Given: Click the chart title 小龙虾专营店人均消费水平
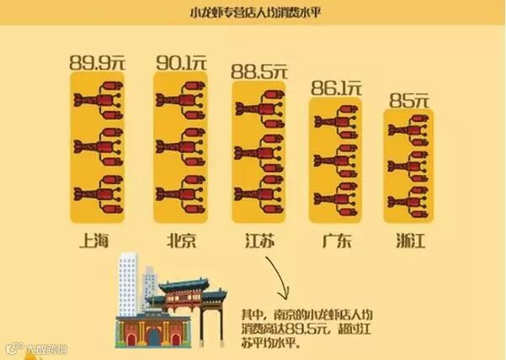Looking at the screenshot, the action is [253, 13].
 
